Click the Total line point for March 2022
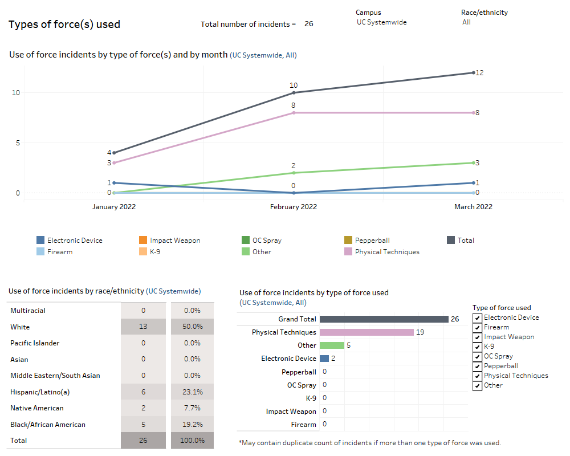tap(473, 72)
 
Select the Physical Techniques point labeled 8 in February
tap(294, 113)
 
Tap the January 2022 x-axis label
tap(114, 207)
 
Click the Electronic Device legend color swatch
tap(40, 241)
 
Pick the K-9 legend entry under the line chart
tap(154, 252)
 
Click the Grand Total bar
tap(384, 319)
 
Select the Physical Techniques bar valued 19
tap(367, 332)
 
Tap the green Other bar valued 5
tap(332, 345)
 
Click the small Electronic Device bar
tap(324, 359)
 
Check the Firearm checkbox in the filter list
tap(478, 328)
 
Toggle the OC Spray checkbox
tap(478, 357)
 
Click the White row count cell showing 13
tap(143, 327)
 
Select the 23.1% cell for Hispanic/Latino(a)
tap(192, 392)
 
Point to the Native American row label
tap(37, 408)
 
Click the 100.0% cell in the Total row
tap(192, 441)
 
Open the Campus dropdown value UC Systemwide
tap(381, 22)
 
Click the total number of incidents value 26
tap(308, 24)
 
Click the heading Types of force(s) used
tap(64, 25)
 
